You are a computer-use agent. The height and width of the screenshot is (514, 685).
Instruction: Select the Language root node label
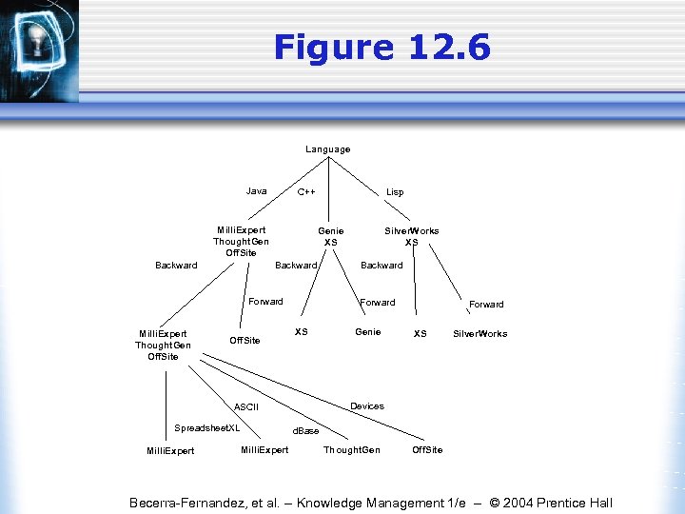click(x=328, y=149)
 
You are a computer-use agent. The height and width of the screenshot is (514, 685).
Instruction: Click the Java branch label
click(x=257, y=191)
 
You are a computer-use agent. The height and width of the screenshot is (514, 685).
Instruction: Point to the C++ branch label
click(x=306, y=192)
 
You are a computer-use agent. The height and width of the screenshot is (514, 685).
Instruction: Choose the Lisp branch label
click(x=395, y=192)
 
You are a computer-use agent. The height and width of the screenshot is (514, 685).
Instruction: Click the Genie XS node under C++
click(x=331, y=236)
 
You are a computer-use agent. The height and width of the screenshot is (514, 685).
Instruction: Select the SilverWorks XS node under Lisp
click(x=412, y=236)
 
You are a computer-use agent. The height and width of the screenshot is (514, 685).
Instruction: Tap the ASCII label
click(x=246, y=407)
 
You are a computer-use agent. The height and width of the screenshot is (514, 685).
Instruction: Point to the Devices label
click(x=367, y=406)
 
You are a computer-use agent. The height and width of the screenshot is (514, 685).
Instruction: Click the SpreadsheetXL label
click(x=207, y=427)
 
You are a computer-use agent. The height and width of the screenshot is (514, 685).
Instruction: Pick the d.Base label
click(x=305, y=431)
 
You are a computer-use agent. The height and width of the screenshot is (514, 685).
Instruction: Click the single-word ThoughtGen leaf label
click(x=352, y=450)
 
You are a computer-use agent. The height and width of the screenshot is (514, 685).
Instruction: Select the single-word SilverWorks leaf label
click(x=480, y=333)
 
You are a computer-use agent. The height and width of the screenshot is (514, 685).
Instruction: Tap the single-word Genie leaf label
click(x=368, y=332)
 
